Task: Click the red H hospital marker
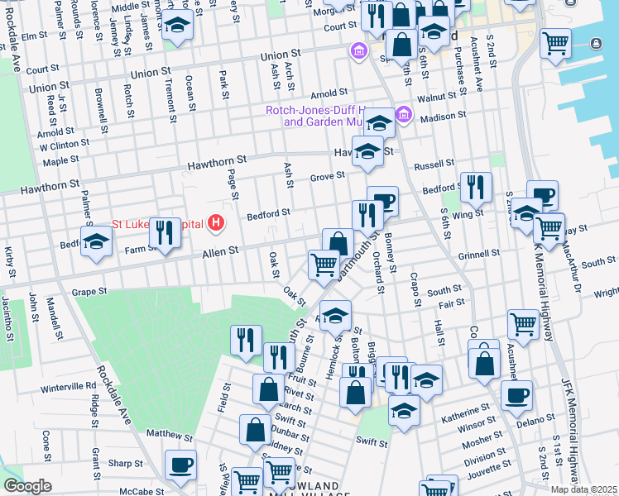[x=217, y=222]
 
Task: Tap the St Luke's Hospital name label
[x=157, y=224]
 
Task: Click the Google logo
[x=27, y=486]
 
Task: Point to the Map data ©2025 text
[x=583, y=489]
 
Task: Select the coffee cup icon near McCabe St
[x=180, y=465]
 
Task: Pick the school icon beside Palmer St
[x=97, y=241]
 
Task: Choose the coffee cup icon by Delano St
[x=516, y=394]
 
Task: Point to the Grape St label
[x=89, y=292]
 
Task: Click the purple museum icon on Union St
[x=358, y=52]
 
